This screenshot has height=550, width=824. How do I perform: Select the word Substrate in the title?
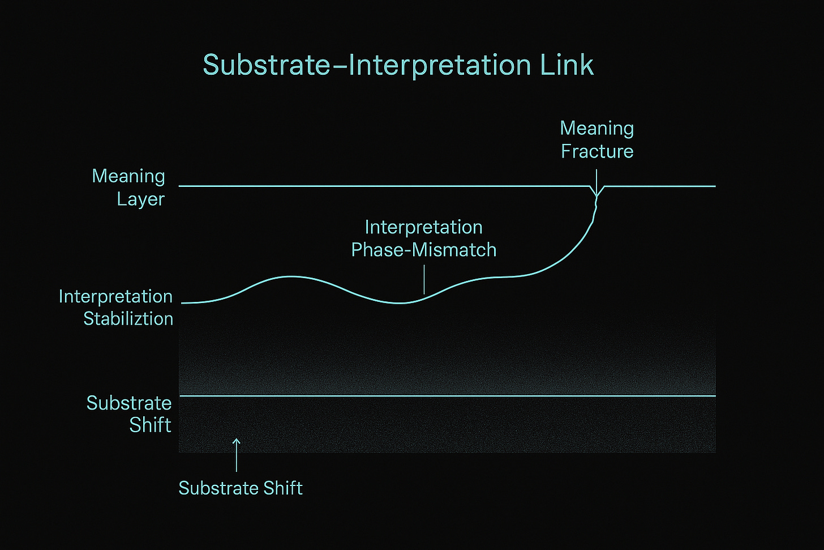point(267,65)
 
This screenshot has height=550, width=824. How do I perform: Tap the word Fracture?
point(597,151)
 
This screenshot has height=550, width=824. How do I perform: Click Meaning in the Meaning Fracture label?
point(597,128)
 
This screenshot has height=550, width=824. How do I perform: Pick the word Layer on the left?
point(140,199)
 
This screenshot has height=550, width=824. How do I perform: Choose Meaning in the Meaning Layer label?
point(128,176)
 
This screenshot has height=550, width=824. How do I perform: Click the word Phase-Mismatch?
point(424,250)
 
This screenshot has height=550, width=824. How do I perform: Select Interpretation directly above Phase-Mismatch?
point(423,227)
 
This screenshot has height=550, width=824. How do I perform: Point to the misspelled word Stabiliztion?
point(128,319)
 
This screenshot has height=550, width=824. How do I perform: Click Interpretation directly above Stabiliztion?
point(115,296)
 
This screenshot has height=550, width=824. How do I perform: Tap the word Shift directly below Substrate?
point(150,425)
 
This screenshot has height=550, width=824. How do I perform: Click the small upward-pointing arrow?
point(237,453)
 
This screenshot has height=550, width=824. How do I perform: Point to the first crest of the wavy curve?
point(291,276)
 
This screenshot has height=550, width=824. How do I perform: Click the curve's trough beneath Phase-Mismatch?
point(400,303)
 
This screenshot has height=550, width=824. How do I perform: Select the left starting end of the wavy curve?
point(183,303)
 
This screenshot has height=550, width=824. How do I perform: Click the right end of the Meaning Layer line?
point(714,186)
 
